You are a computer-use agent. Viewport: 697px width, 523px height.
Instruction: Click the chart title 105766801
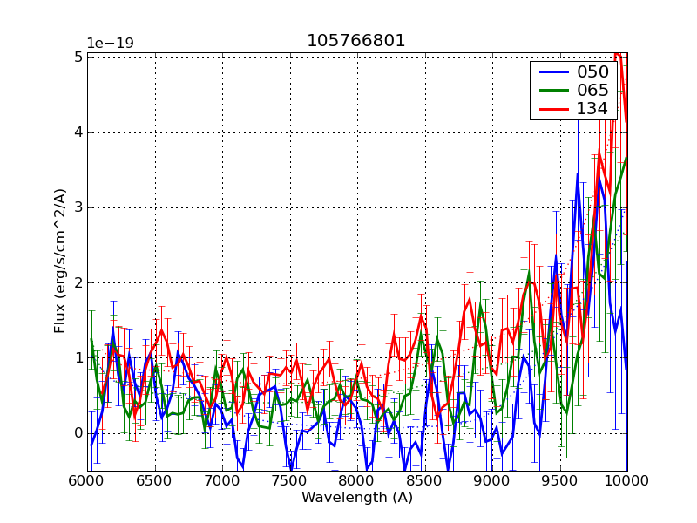click(355, 41)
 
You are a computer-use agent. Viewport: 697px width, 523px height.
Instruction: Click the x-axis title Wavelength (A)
click(357, 498)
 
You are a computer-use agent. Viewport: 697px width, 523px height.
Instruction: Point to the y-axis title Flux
click(60, 261)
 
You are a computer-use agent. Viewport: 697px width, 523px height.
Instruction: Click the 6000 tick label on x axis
click(88, 481)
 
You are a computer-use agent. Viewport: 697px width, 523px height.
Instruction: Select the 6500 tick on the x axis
click(155, 481)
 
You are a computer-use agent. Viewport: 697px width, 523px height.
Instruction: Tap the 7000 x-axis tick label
click(222, 481)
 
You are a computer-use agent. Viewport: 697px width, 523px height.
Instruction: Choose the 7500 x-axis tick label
click(289, 481)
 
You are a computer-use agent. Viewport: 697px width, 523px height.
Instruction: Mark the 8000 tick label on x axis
click(357, 481)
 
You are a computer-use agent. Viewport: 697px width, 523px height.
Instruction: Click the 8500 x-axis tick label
click(424, 481)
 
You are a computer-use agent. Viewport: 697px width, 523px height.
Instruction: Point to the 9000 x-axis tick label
click(491, 481)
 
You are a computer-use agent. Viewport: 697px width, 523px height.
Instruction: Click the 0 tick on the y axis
click(78, 433)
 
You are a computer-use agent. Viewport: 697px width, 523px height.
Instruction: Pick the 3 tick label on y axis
click(78, 207)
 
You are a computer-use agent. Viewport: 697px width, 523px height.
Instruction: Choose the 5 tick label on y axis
click(78, 57)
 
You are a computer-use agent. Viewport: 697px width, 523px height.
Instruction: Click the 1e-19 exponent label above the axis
click(110, 44)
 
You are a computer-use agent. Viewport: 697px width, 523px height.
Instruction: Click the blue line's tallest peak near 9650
click(577, 173)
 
